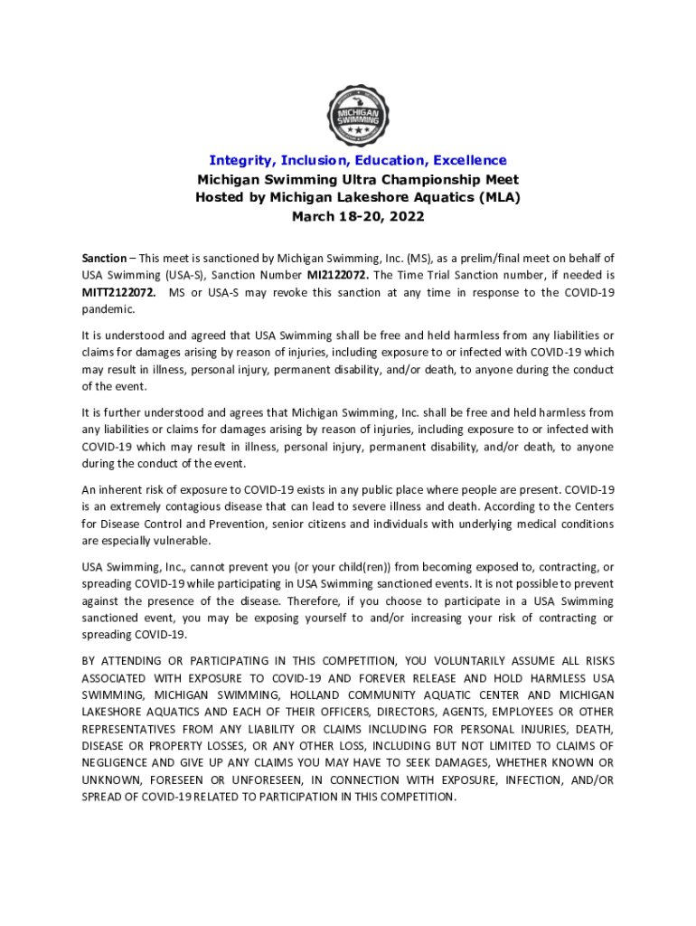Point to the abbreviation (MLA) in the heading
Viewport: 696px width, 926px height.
pos(499,197)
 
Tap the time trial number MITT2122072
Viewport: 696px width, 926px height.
pos(118,292)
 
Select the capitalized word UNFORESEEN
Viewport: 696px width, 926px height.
pos(259,780)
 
